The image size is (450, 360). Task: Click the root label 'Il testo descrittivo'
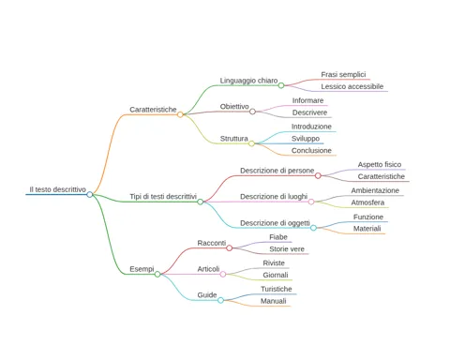coord(57,189)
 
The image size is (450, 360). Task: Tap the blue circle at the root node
coord(90,194)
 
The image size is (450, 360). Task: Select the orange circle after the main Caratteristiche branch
coord(180,114)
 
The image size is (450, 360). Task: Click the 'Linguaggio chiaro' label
coord(248,81)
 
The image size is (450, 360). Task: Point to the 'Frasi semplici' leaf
coord(343,74)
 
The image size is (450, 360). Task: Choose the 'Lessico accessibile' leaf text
coord(352,86)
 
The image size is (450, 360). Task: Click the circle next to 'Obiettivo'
coord(252,112)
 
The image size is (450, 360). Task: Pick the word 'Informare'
coord(307,100)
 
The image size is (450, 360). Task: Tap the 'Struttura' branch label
coord(233,139)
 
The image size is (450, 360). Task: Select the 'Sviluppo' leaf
coord(306,139)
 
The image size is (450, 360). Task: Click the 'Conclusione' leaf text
coord(311,151)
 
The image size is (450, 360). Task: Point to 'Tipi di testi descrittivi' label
coord(163,197)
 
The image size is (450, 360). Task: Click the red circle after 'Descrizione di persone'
coord(318,175)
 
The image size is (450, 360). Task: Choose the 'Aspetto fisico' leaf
coord(380,164)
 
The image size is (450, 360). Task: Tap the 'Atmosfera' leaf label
coord(367,202)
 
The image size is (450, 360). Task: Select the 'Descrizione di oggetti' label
coord(275,223)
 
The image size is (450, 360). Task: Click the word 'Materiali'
coord(367,229)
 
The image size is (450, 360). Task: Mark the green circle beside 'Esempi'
coord(157,274)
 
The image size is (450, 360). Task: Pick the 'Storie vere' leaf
coord(287,249)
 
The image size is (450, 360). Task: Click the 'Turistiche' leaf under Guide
coord(277,289)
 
